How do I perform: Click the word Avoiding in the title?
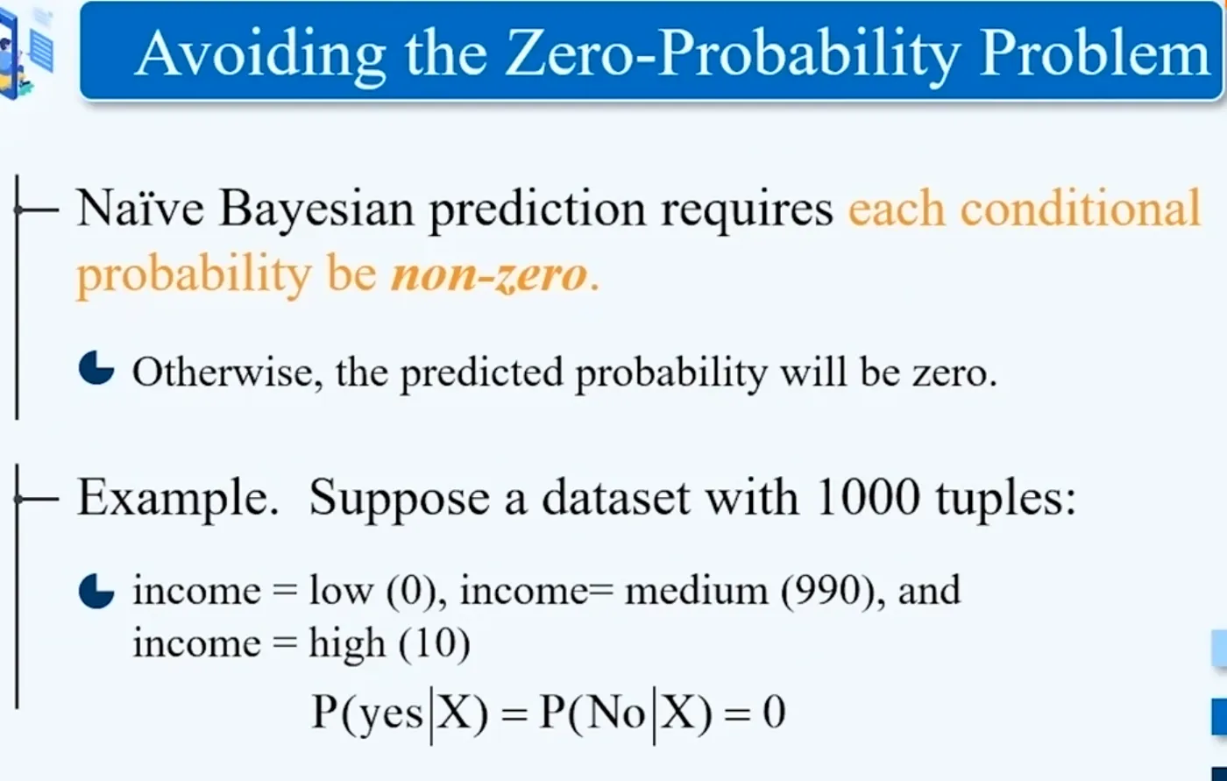[x=259, y=54]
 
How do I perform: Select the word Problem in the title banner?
[x=1094, y=53]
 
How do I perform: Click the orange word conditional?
[x=1080, y=208]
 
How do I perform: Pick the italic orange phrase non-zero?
[x=489, y=274]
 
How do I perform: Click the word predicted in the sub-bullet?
[x=482, y=373]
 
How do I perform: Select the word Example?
[x=178, y=498]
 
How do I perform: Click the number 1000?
[x=868, y=497]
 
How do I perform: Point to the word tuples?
[x=1006, y=500]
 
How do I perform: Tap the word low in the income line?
[x=341, y=591]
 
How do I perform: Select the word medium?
[x=696, y=590]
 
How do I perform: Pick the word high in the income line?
[x=347, y=644]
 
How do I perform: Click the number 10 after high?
[x=435, y=643]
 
